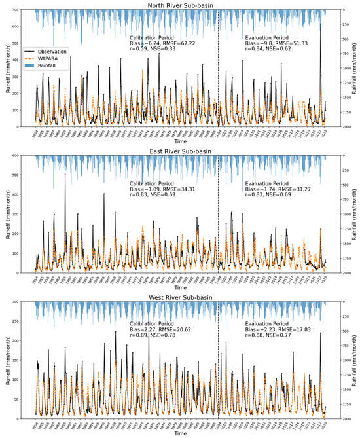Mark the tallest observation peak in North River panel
pos(320,24)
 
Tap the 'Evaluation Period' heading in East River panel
pos(266,183)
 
